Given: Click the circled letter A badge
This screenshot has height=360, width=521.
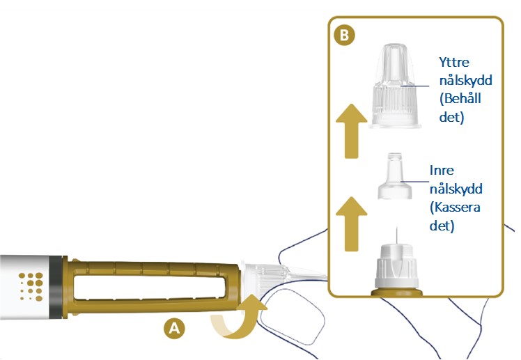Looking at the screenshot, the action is tap(174, 328).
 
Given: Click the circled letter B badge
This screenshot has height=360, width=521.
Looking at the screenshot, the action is tap(344, 35).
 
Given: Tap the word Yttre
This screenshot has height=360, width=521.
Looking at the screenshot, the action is tap(454, 62).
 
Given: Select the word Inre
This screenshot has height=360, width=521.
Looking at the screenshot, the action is tap(442, 171).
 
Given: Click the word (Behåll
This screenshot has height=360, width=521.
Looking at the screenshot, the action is tap(460, 99).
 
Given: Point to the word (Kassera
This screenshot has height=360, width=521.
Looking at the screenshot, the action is tap(455, 208).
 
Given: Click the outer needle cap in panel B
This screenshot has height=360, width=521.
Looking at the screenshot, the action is tap(395, 86).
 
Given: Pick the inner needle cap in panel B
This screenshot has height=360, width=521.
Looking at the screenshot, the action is tap(395, 176).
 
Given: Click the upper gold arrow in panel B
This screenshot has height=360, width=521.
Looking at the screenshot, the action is tap(352, 131).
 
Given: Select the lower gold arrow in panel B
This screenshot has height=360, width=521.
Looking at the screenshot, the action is tap(352, 224).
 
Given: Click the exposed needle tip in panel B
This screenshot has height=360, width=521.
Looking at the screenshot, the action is tap(396, 228).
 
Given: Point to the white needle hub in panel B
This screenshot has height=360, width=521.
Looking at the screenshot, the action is tap(396, 267).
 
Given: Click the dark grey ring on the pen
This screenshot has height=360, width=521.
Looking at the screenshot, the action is tap(56, 288).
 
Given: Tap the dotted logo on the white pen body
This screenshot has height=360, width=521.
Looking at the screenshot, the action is tap(31, 287).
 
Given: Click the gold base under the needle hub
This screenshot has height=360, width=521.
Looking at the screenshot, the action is tap(396, 292).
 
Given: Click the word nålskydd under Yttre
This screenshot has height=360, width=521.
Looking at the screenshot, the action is tap(465, 81).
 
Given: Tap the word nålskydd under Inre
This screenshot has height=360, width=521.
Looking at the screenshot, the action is tap(456, 189).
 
